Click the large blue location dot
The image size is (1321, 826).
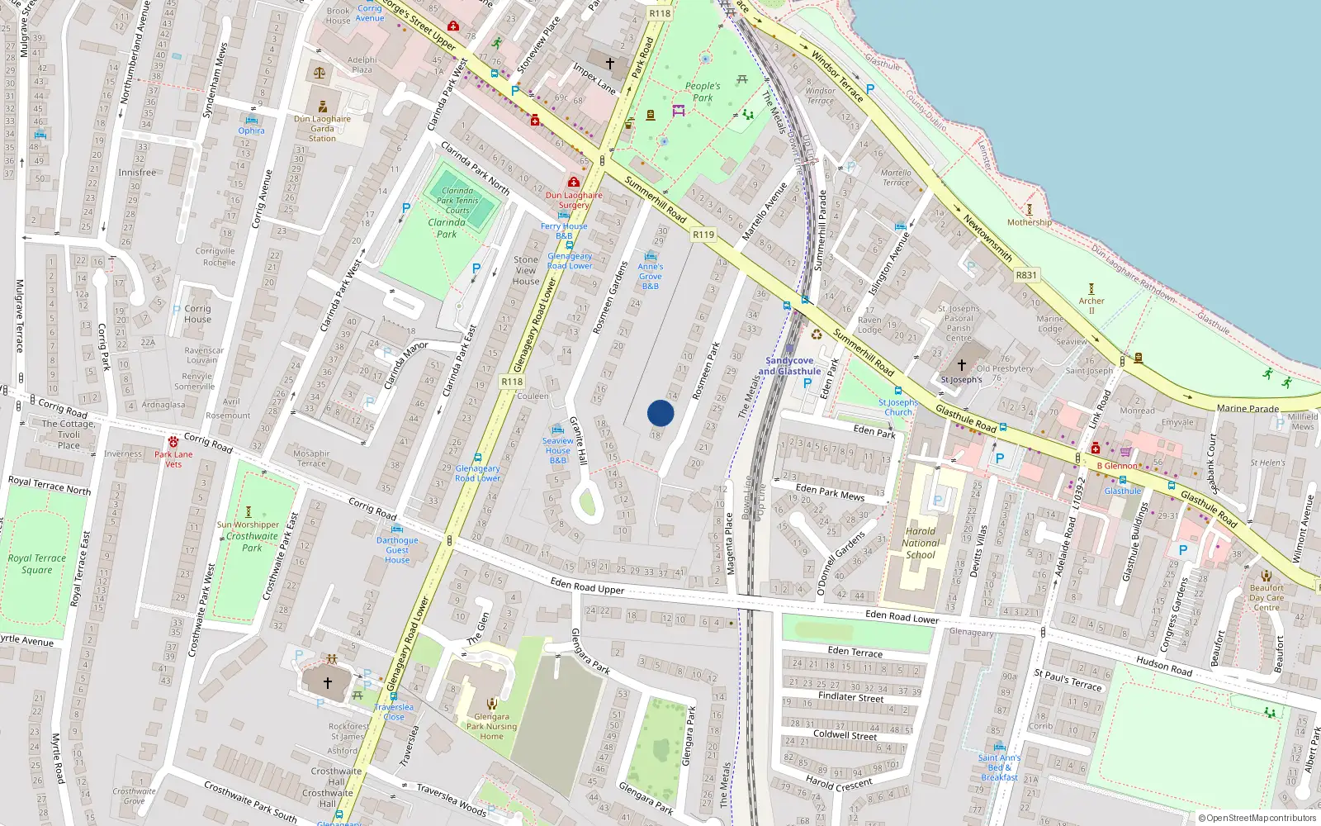660,413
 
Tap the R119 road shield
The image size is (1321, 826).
703,235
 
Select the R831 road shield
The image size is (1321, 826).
1026,275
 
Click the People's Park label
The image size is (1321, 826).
703,92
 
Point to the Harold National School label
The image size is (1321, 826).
921,543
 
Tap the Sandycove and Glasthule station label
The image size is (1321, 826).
790,366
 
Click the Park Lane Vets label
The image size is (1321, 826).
173,459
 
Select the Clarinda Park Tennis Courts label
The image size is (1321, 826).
457,201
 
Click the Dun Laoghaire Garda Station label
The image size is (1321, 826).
322,128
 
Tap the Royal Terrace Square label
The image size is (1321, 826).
37,564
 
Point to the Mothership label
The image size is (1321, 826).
1030,222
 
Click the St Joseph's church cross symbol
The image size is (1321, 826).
962,364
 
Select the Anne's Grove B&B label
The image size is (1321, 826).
651,276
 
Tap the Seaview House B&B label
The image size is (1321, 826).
558,450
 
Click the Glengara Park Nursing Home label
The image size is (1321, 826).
491,727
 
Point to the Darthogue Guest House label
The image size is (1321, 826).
397,550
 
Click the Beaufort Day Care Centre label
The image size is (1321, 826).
1267,597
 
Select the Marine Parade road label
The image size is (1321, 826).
1248,409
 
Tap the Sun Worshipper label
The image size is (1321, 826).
249,525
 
